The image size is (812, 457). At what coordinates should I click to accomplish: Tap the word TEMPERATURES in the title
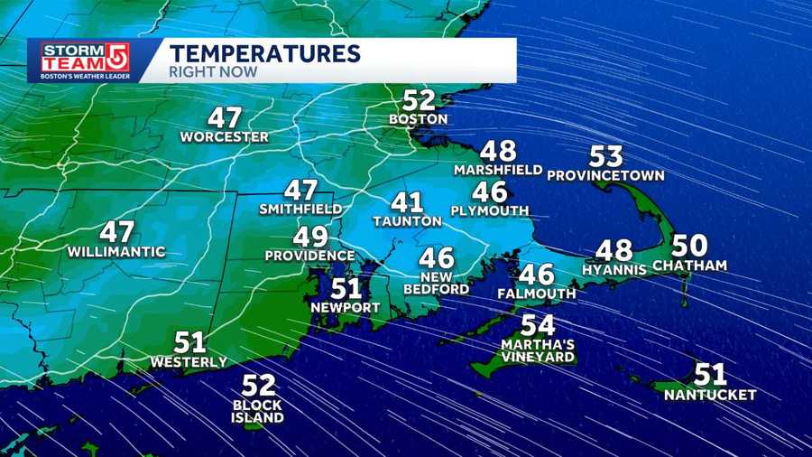tap(265, 52)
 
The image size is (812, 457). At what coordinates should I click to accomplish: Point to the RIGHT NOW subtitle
tap(213, 71)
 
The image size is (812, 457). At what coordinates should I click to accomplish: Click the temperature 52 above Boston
tap(419, 100)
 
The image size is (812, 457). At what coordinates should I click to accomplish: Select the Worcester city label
tap(225, 137)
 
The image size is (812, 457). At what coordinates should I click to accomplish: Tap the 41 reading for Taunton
tap(407, 202)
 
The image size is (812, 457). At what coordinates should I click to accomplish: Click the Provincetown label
tap(605, 175)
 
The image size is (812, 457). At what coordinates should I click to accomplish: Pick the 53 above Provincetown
tap(606, 156)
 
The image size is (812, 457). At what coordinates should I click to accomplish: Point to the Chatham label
tap(689, 266)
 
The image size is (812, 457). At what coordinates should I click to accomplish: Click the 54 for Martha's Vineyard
tap(538, 325)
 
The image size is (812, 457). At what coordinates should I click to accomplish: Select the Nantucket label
tap(710, 395)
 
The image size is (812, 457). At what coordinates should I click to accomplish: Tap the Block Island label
tap(258, 411)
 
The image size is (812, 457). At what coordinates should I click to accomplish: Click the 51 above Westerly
tap(189, 343)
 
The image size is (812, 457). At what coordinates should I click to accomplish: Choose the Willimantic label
tap(116, 251)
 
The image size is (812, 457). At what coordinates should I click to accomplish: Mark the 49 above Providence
tap(309, 238)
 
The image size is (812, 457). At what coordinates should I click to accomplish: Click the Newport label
tap(346, 308)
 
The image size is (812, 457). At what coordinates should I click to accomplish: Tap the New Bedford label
tap(437, 282)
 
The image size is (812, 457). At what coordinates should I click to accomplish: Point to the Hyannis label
tap(614, 269)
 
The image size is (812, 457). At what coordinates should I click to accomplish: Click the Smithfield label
tap(300, 209)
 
